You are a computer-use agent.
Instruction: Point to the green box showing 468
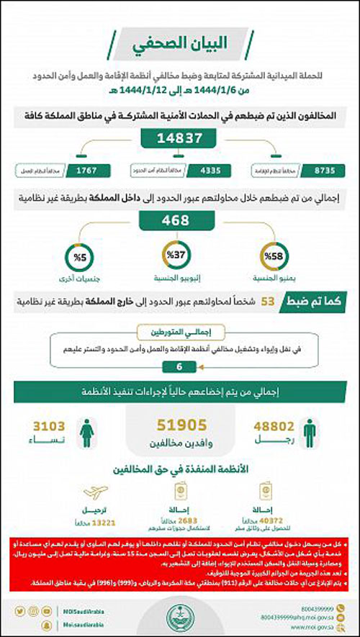pyautogui.click(x=179, y=221)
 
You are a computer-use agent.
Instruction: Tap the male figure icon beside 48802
pyautogui.click(x=309, y=432)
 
